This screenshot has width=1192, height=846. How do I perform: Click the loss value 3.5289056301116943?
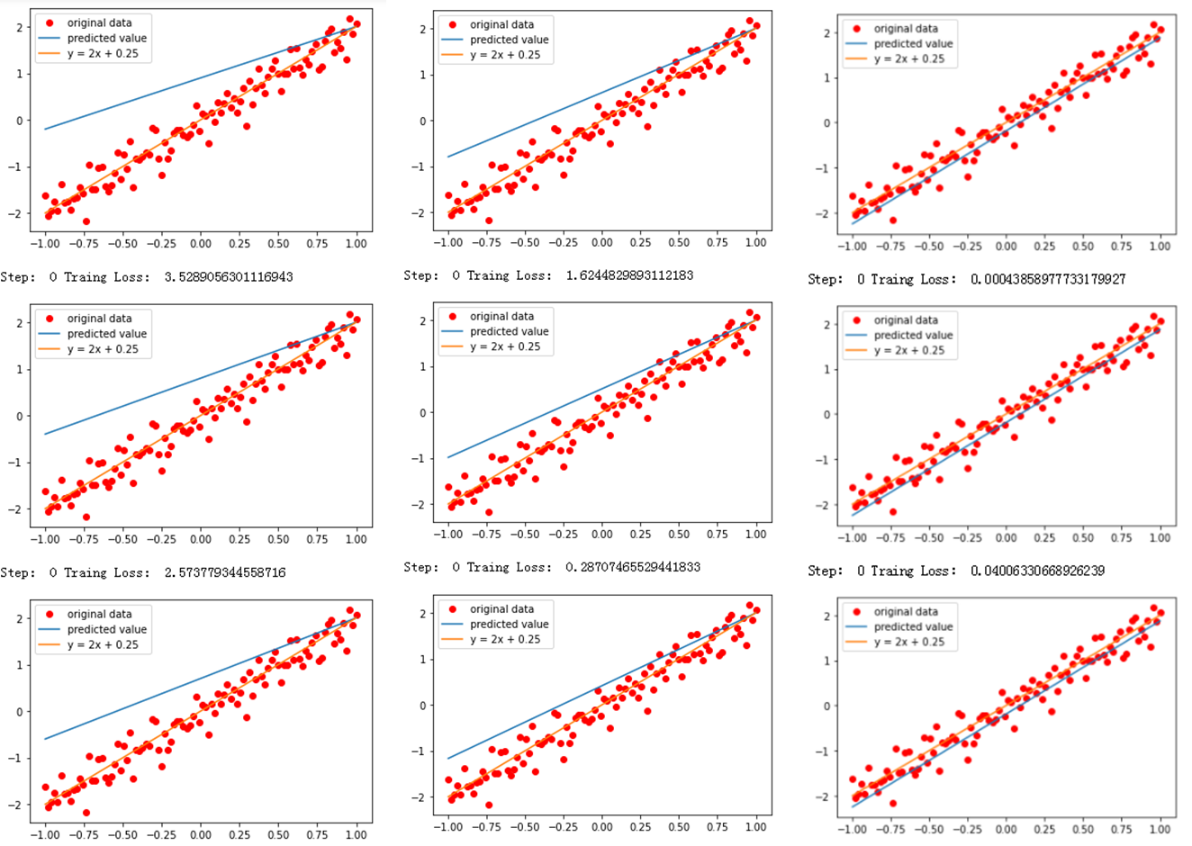coord(228,277)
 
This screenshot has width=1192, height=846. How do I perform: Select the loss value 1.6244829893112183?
coord(629,275)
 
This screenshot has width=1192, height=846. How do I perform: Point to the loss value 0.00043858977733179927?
coord(1048,279)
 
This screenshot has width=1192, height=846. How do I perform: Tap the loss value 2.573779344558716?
coord(224,572)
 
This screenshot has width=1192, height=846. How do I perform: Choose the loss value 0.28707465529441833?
coord(632,567)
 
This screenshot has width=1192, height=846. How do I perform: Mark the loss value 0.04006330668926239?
coord(1037,571)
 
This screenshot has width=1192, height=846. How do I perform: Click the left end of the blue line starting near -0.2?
coord(45,130)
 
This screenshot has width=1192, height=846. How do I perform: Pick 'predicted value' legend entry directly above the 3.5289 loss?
coord(106,38)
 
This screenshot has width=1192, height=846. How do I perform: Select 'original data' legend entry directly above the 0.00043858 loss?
coord(906,29)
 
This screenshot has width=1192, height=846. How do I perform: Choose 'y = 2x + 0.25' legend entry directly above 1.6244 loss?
coord(505,55)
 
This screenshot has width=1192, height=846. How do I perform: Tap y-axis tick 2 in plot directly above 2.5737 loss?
coord(20,322)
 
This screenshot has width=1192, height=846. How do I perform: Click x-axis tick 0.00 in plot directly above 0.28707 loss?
coord(601,534)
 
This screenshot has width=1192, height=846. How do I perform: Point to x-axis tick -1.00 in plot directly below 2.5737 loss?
coord(45,834)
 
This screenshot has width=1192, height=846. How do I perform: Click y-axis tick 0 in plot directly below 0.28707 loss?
coord(423,706)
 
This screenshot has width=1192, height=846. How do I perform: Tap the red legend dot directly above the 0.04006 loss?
coord(856,320)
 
